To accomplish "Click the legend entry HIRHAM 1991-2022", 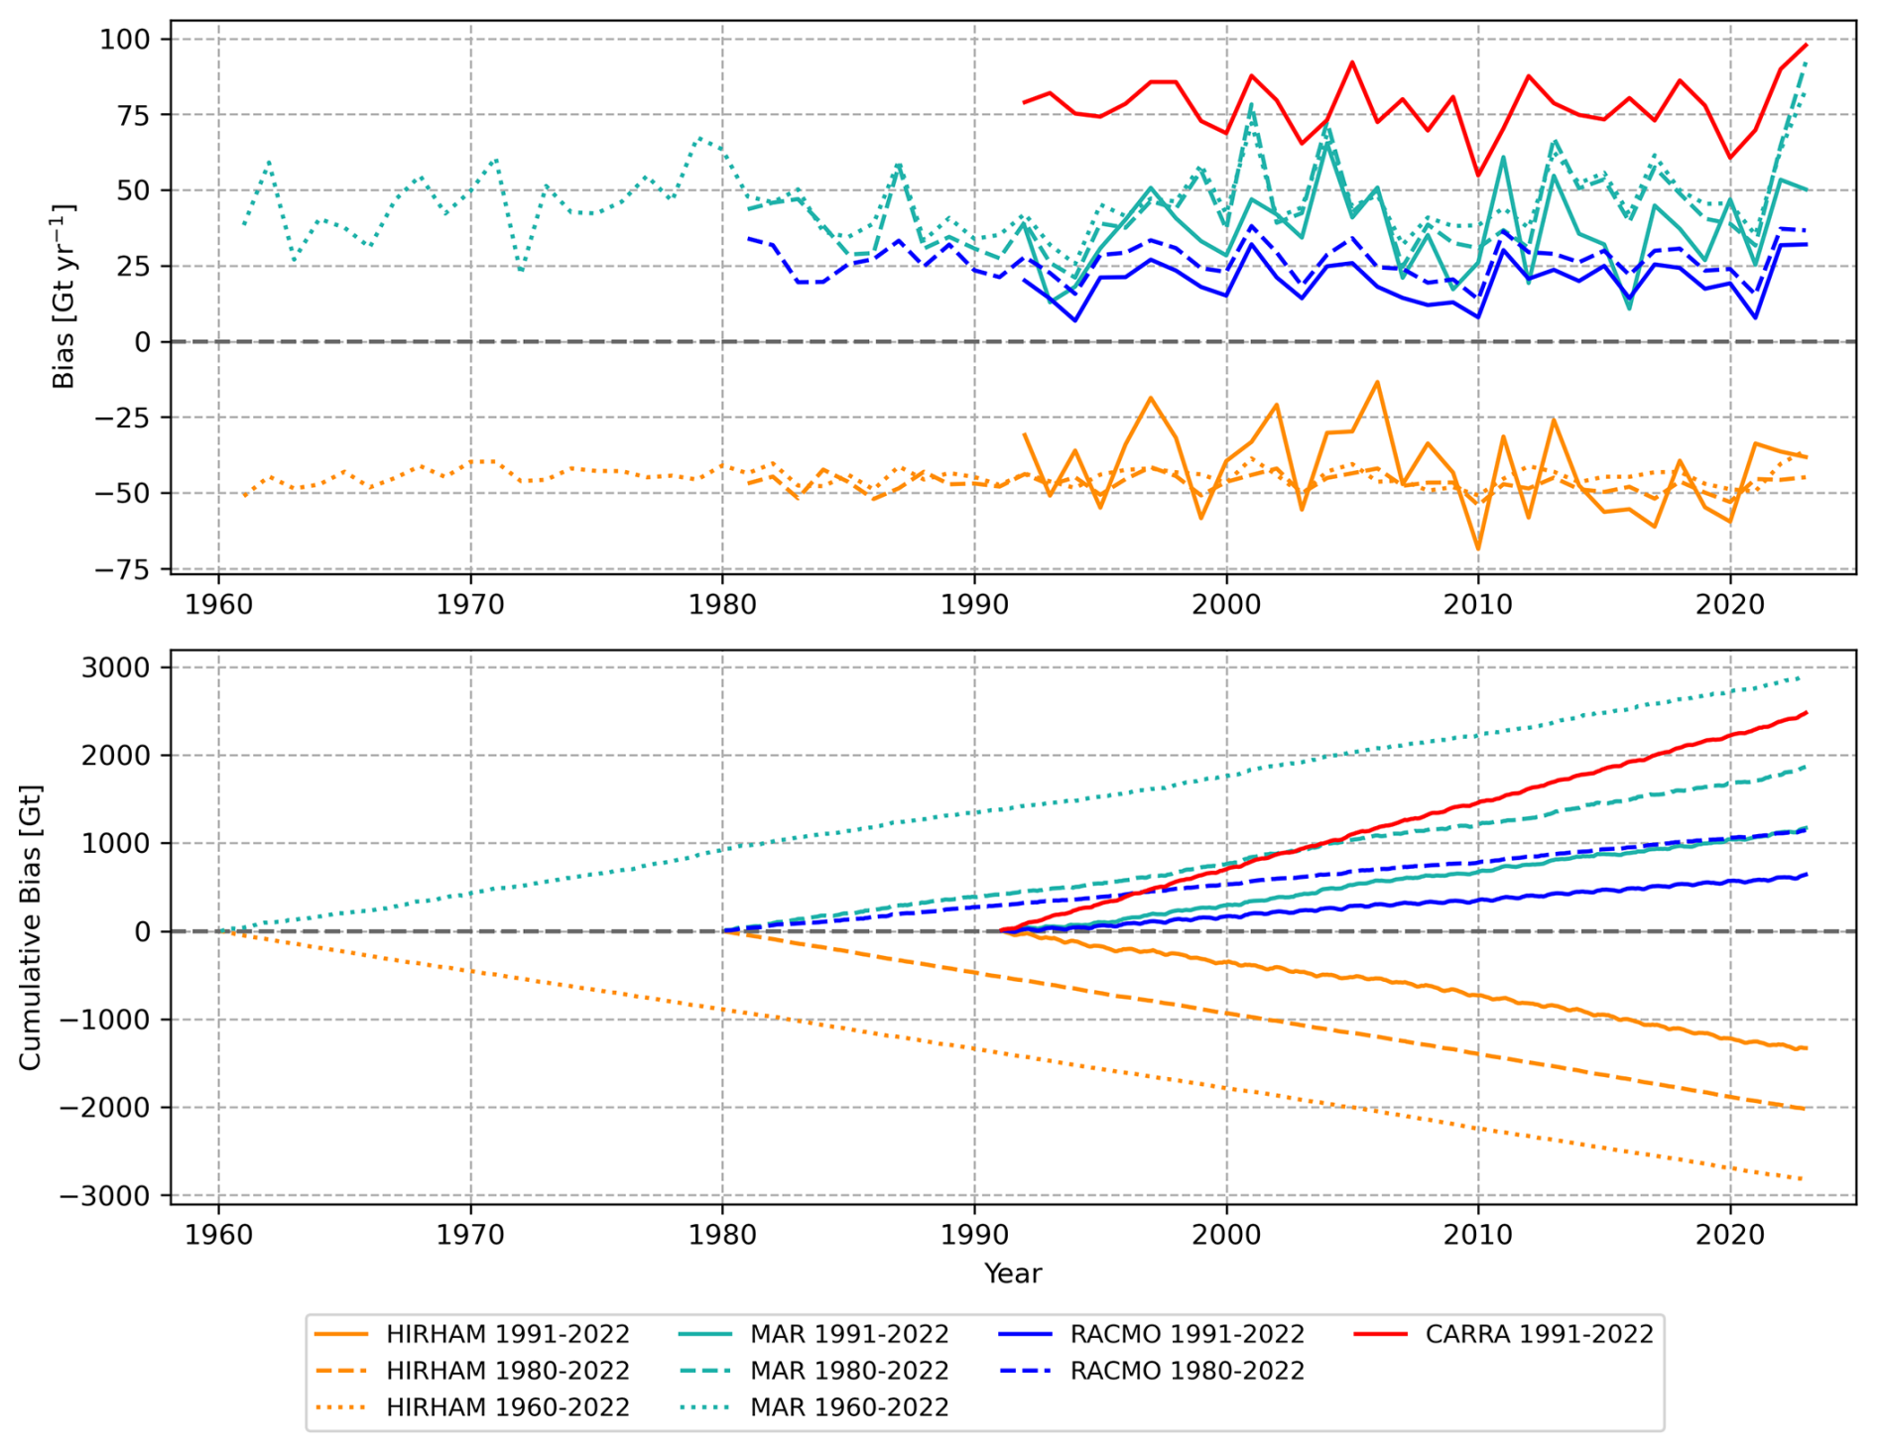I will (507, 1334).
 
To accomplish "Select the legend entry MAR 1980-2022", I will (849, 1371).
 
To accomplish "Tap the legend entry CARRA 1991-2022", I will (1539, 1334).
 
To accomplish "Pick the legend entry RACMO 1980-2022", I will (1187, 1371).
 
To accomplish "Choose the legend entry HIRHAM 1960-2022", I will (507, 1407).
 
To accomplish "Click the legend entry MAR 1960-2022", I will (849, 1407).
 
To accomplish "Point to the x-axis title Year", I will (1012, 1273).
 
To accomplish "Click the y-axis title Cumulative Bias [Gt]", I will (31, 927).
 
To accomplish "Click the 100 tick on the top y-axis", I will (125, 40).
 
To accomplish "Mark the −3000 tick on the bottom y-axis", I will (109, 1196).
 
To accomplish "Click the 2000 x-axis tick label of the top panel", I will (1226, 603).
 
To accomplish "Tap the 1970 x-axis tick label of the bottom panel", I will (470, 1235).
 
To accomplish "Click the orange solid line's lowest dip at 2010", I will (1478, 548).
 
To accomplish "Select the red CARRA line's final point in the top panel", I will (1806, 45).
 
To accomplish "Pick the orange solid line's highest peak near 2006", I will (1377, 382).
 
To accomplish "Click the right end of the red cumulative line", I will (1806, 712).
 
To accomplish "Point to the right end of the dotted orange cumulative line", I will (1804, 1179).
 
